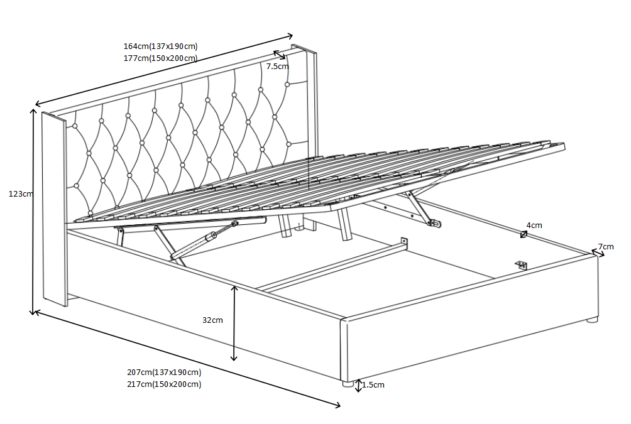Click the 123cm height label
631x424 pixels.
click(20, 194)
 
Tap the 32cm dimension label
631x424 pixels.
click(212, 320)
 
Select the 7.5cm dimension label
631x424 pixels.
click(277, 66)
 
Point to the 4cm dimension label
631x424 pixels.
click(534, 225)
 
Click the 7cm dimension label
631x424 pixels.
click(606, 247)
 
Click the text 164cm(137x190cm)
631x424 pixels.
click(160, 46)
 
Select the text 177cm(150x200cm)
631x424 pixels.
click(160, 58)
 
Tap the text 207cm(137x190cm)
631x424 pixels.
click(164, 372)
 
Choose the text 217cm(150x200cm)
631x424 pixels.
click(164, 384)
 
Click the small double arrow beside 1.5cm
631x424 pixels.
click(358, 386)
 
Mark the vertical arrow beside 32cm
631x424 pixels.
click(234, 323)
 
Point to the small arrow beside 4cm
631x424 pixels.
click(524, 234)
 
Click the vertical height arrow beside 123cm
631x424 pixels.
click(33, 211)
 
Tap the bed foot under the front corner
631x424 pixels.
click(346, 383)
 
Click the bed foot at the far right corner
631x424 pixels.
click(592, 320)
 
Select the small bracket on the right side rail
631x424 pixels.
click(522, 265)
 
